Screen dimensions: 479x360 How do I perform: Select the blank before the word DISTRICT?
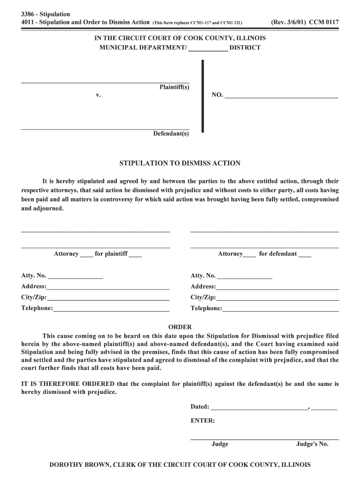point(208,48)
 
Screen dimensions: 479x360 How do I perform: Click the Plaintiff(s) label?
point(174,87)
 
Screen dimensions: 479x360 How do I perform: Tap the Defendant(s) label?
point(171,134)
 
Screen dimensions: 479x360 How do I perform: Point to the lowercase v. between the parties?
point(98,95)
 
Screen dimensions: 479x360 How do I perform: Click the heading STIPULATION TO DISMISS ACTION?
point(180,163)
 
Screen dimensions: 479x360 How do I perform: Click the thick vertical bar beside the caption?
point(202,96)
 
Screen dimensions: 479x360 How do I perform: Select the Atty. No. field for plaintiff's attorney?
point(75,276)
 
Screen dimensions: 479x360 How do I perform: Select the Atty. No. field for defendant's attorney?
point(245,276)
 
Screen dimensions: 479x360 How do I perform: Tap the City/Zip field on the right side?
point(277,298)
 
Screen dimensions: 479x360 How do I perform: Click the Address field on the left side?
point(108,287)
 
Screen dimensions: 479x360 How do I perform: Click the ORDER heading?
point(180,327)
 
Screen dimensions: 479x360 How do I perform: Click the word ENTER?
point(202,421)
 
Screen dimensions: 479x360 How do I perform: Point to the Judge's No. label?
point(312,444)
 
